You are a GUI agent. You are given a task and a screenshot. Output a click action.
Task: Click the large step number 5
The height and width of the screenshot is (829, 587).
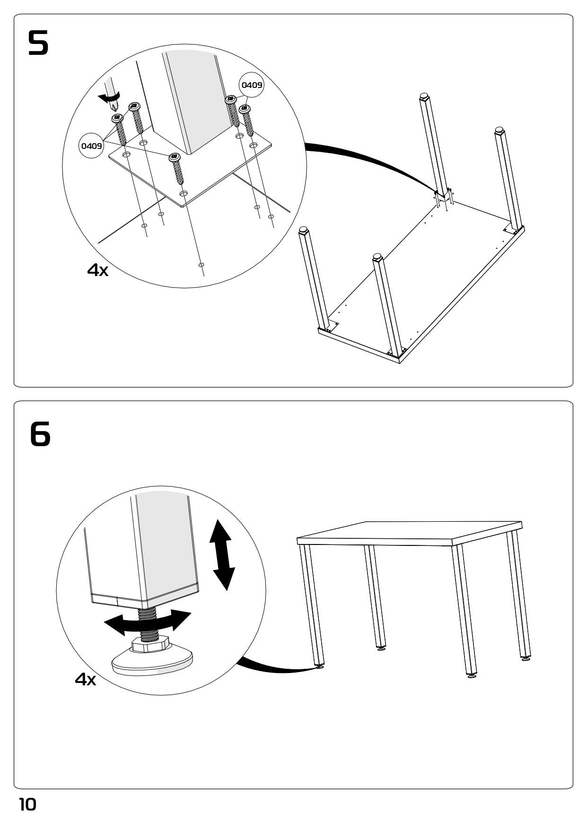pyautogui.click(x=38, y=43)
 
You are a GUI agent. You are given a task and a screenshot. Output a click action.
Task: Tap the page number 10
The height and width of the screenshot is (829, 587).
pyautogui.click(x=27, y=804)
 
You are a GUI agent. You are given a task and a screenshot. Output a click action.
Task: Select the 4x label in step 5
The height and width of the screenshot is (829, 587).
pyautogui.click(x=97, y=270)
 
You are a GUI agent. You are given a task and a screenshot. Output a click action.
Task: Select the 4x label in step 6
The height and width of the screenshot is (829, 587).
pyautogui.click(x=85, y=680)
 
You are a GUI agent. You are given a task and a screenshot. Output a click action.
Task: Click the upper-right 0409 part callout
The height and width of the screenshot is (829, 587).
pyautogui.click(x=252, y=85)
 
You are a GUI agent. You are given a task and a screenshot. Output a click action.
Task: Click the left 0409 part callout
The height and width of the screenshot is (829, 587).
pyautogui.click(x=91, y=146)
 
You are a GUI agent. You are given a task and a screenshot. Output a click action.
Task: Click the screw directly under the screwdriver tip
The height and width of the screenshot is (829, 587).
pyautogui.click(x=119, y=130)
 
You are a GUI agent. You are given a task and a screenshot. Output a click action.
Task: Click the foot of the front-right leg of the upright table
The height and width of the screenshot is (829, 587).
pyautogui.click(x=472, y=676)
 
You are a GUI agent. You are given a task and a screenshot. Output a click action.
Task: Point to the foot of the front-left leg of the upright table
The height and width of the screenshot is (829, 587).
pyautogui.click(x=320, y=667)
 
